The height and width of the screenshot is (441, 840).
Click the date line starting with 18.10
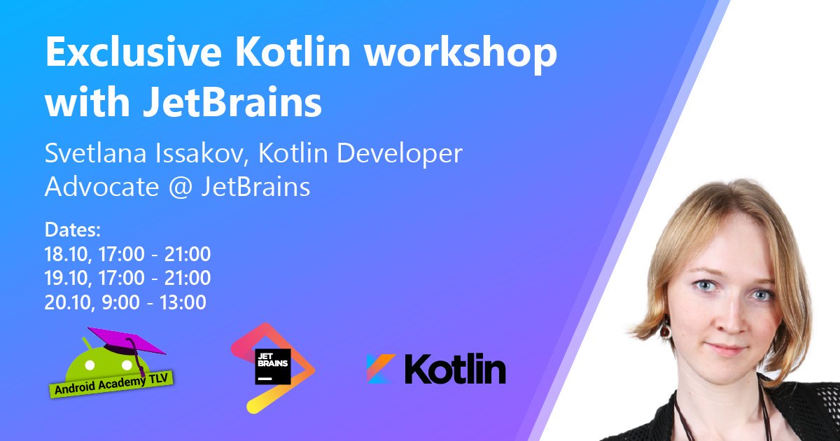(127, 254)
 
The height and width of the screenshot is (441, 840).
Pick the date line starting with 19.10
(127, 278)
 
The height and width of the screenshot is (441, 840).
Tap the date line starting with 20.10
(125, 302)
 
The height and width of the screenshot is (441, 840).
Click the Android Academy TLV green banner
(113, 381)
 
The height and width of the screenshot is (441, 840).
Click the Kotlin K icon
(381, 368)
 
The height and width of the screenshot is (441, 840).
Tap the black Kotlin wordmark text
(455, 368)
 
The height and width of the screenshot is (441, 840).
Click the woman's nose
(729, 315)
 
